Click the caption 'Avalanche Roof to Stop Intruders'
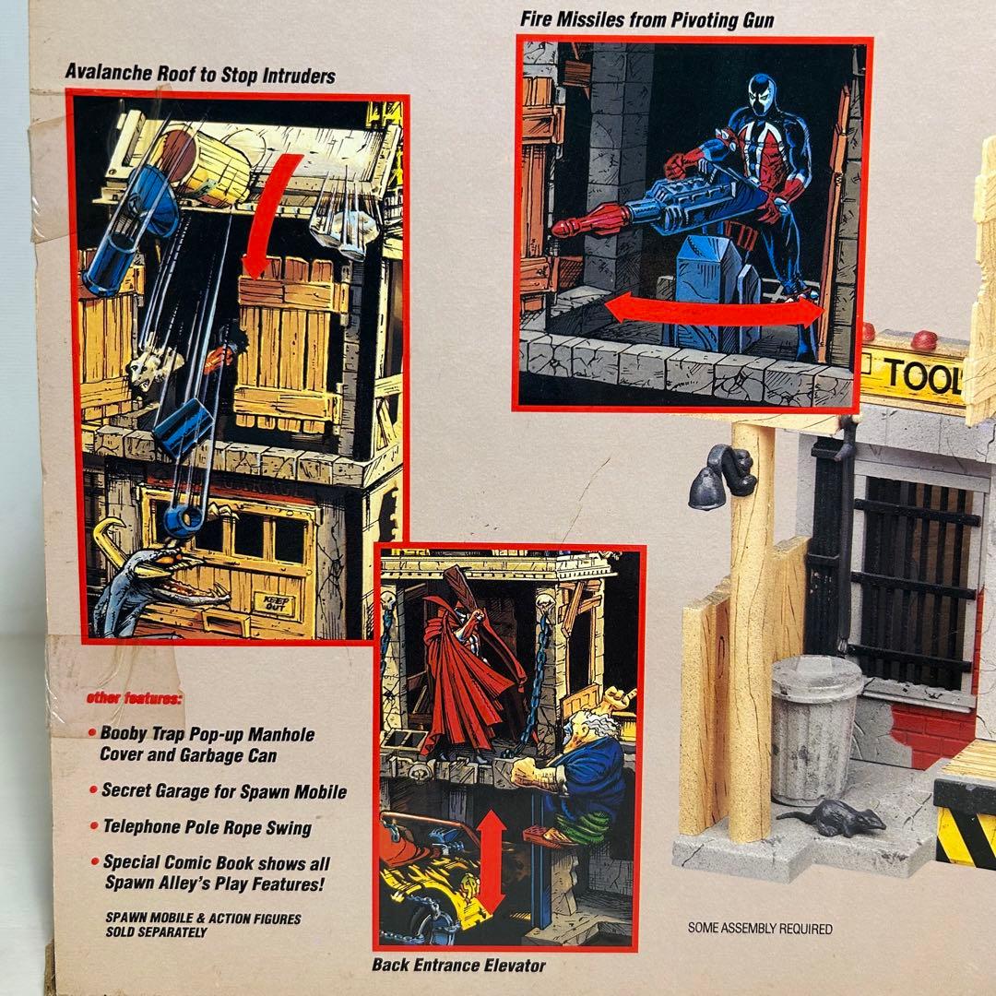[200, 75]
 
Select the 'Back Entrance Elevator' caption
[458, 966]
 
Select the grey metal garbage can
[816, 729]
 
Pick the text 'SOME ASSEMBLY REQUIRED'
[760, 929]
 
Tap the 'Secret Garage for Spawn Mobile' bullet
[223, 791]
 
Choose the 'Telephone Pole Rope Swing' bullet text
[207, 827]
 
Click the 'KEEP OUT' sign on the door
[274, 606]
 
